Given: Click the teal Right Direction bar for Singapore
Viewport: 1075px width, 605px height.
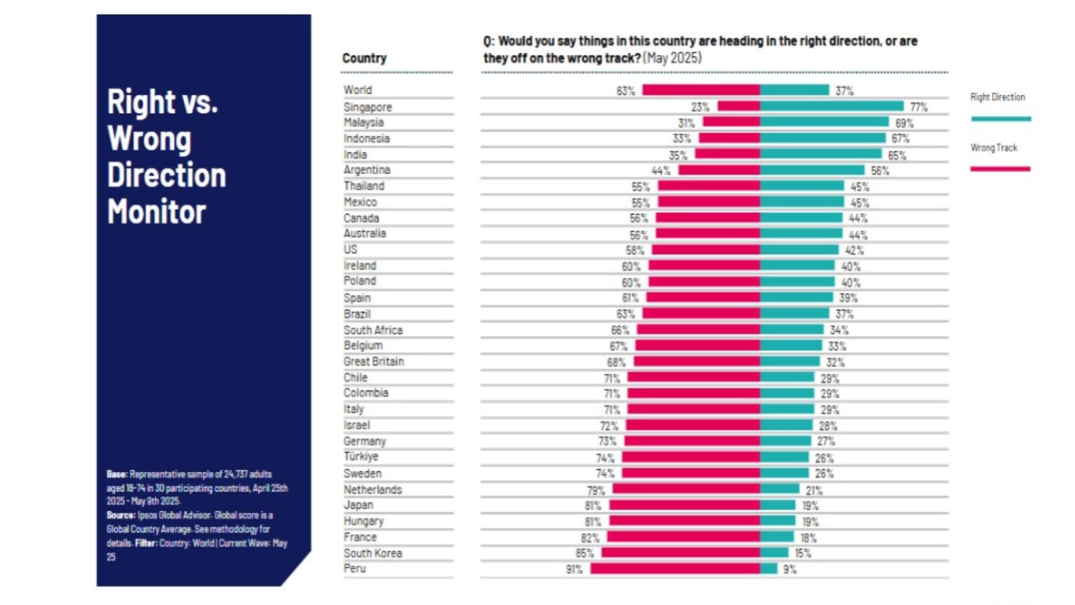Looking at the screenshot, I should click(x=832, y=106).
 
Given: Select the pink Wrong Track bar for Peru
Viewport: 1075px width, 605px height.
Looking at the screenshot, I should click(x=675, y=569).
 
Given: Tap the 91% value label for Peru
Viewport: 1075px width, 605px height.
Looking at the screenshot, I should click(x=574, y=569).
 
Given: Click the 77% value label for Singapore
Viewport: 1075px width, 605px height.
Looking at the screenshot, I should click(x=918, y=107).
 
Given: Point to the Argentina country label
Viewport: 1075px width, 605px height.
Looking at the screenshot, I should click(x=367, y=170).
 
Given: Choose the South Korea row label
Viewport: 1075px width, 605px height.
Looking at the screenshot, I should click(x=373, y=553).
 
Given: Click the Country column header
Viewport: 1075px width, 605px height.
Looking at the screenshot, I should click(x=364, y=58).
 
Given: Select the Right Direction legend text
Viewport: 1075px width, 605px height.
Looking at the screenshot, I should click(x=997, y=97).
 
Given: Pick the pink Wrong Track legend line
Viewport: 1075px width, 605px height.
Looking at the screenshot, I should click(x=1000, y=169).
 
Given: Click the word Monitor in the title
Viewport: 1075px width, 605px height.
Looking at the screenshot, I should click(x=157, y=212).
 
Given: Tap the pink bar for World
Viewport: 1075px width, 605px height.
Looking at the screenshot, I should click(x=701, y=90).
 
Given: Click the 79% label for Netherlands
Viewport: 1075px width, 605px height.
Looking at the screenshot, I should click(x=596, y=490).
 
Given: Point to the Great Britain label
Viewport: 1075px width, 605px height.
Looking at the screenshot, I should click(x=374, y=362).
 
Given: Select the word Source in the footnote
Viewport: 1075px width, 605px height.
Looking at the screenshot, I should click(x=120, y=516).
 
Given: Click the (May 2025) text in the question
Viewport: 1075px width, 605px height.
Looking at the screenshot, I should click(x=672, y=58).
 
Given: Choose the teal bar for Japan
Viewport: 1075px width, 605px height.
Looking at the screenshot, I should click(x=777, y=505).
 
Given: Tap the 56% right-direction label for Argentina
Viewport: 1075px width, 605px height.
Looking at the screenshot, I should click(x=879, y=171).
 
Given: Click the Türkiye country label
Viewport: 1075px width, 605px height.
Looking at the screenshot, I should click(x=361, y=457).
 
